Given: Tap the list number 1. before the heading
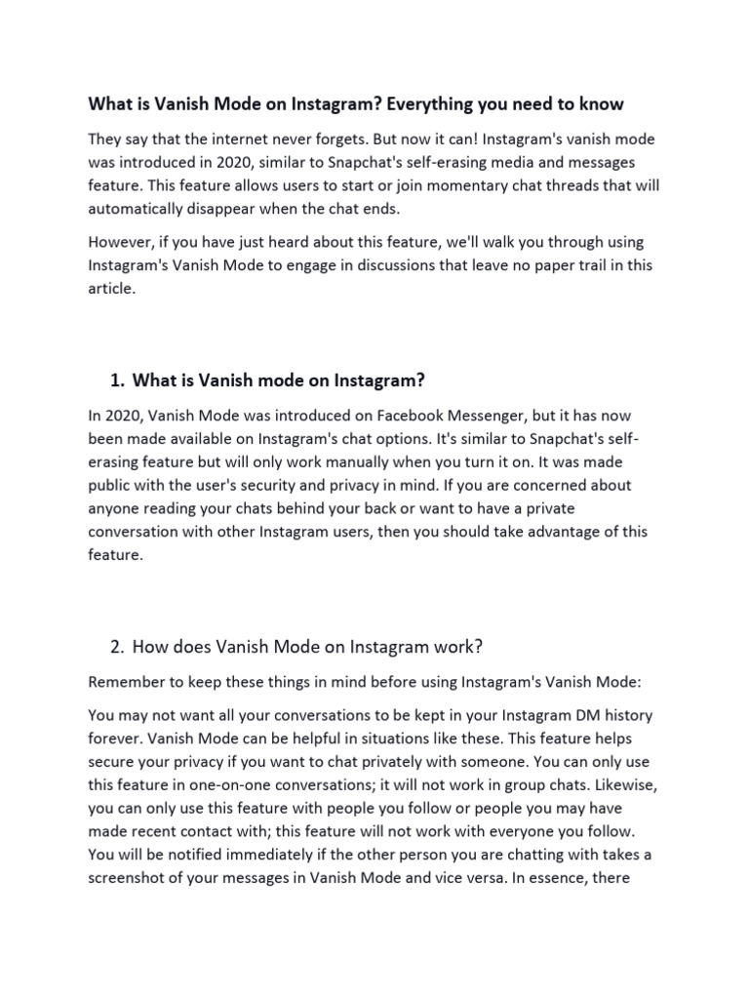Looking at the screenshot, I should pos(117,379).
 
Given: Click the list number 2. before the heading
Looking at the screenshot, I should pos(117,646).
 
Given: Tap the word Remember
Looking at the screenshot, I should pos(126,681).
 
